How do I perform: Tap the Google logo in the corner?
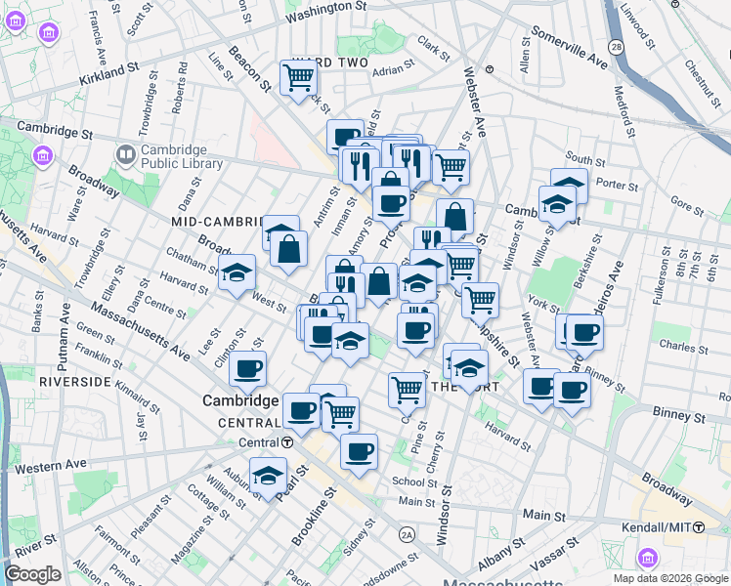click(32, 574)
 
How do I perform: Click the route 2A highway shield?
click(408, 534)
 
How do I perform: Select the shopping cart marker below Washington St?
click(298, 77)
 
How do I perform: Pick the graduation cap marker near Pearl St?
click(267, 476)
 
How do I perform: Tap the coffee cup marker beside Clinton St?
click(248, 369)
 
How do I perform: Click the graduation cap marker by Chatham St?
click(236, 274)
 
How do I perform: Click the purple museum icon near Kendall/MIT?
click(646, 558)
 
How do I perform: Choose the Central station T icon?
click(285, 441)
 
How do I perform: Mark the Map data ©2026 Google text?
click(670, 578)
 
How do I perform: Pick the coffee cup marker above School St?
click(359, 451)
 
